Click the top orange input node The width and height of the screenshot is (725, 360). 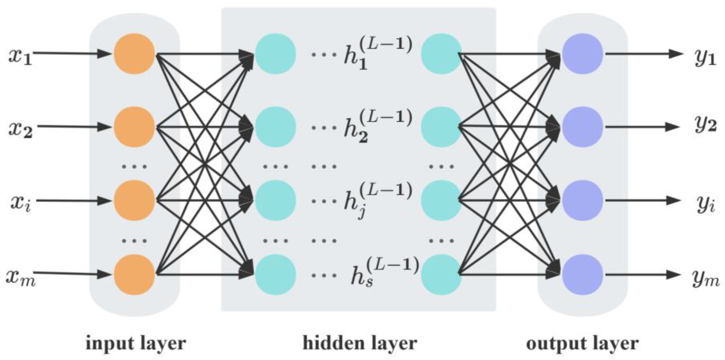135,54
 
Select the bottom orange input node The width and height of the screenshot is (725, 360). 135,274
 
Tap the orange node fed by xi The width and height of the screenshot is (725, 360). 135,200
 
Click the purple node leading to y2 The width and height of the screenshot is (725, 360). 582,127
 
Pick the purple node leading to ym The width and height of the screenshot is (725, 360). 582,274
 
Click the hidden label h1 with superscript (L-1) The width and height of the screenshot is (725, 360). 377,53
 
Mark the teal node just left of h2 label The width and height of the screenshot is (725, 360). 275,127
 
